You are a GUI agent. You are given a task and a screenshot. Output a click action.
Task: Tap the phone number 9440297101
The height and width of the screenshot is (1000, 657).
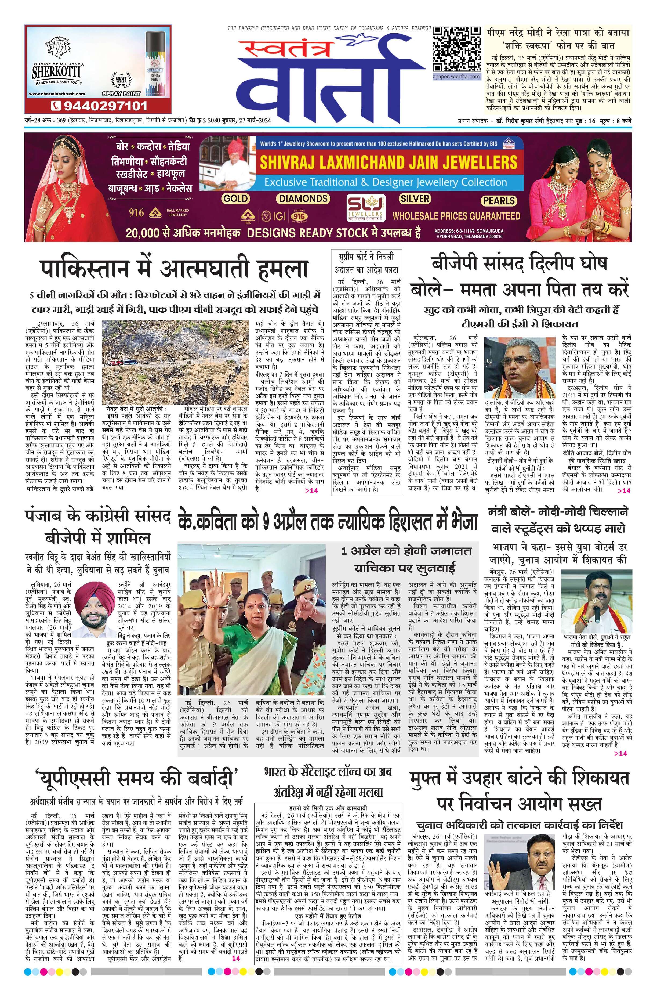[99, 105]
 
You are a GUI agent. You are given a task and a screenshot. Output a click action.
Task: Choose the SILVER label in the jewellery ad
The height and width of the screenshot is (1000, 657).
[415, 198]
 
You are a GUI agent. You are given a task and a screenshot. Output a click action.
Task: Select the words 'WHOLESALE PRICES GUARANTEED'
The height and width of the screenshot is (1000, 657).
[456, 216]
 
